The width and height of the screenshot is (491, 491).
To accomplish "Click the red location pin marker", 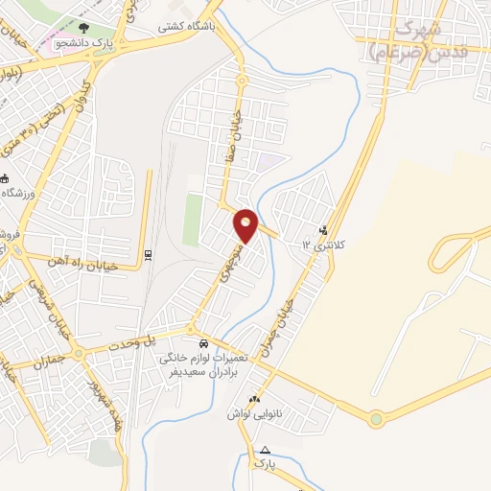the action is tap(246, 223).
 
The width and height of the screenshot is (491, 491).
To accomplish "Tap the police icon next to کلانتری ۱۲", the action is tap(322, 230).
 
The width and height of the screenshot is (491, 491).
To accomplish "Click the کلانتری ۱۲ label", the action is tap(323, 245).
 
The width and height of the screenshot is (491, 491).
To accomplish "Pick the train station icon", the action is tap(147, 254).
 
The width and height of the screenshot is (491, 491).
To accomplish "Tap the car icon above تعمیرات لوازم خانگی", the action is tap(202, 343).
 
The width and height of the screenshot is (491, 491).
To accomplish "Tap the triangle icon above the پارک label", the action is tap(265, 450).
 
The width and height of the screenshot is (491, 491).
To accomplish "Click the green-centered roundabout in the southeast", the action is tap(376, 419).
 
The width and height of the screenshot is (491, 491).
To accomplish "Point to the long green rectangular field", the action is tap(193, 220).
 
